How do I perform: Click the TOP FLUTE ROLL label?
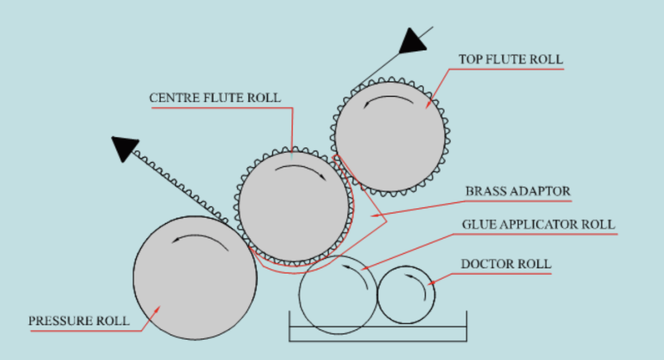pyautogui.click(x=511, y=59)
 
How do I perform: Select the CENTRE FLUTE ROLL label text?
pyautogui.click(x=215, y=98)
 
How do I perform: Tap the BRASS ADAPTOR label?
pyautogui.click(x=518, y=191)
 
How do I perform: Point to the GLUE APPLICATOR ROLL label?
pyautogui.click(x=538, y=224)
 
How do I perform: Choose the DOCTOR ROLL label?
pyautogui.click(x=506, y=264)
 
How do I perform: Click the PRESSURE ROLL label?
pyautogui.click(x=78, y=321)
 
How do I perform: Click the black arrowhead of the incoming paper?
pyautogui.click(x=412, y=42)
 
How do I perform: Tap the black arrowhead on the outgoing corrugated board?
pyautogui.click(x=125, y=149)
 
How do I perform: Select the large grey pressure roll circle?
pyautogui.click(x=195, y=278)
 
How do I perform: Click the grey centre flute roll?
pyautogui.click(x=294, y=207)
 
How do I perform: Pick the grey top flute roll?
pyautogui.click(x=390, y=137)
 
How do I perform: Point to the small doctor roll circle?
pyautogui.click(x=406, y=294)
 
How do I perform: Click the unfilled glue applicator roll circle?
pyautogui.click(x=337, y=294)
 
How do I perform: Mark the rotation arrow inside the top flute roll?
pyautogui.click(x=388, y=100)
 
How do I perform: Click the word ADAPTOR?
pyautogui.click(x=544, y=191)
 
